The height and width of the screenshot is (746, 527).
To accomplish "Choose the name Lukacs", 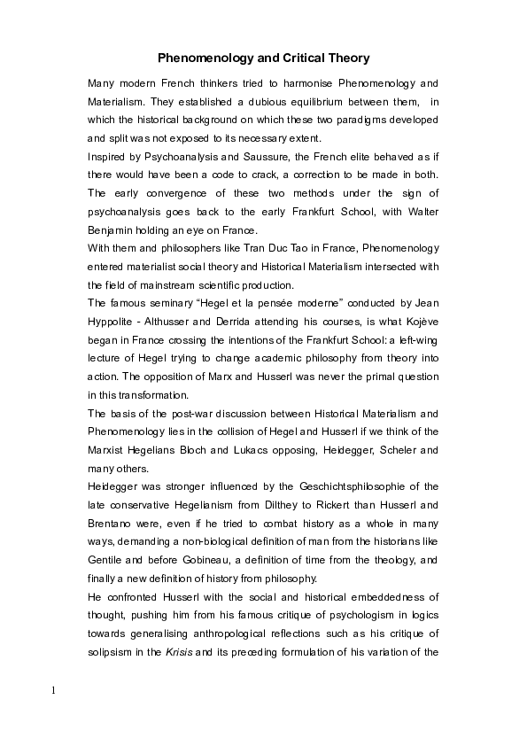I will [x=251, y=450].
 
